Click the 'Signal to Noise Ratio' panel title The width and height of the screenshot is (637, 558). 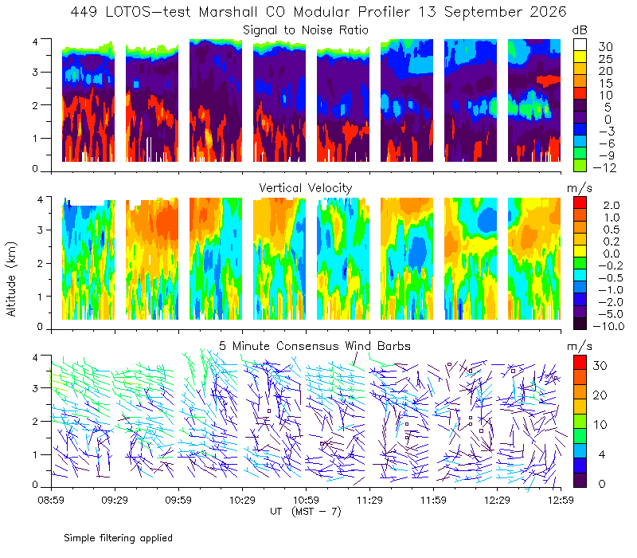click(x=306, y=30)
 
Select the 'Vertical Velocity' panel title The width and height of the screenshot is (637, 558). click(x=306, y=188)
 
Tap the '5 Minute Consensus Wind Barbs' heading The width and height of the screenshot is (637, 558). click(x=315, y=346)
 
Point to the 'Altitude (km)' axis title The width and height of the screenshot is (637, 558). click(x=11, y=279)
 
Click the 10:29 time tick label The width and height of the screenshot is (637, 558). click(x=242, y=500)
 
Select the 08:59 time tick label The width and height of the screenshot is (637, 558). click(x=51, y=500)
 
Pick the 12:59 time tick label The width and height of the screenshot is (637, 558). click(x=561, y=500)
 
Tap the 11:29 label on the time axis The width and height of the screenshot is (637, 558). click(x=369, y=500)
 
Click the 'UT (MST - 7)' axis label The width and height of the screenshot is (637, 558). click(x=306, y=511)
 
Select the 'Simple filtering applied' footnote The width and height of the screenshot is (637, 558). click(x=118, y=538)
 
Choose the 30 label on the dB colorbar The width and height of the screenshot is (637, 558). click(x=605, y=47)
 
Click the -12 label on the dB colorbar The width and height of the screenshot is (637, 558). click(x=604, y=167)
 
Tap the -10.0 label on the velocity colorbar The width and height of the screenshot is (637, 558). click(x=608, y=326)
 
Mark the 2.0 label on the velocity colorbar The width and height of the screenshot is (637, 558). click(x=612, y=205)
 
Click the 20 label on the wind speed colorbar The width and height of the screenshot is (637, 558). click(x=600, y=395)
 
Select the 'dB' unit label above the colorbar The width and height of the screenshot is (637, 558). click(x=580, y=30)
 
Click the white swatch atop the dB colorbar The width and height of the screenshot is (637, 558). click(x=580, y=45)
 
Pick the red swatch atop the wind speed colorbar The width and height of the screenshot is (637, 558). click(x=580, y=363)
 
